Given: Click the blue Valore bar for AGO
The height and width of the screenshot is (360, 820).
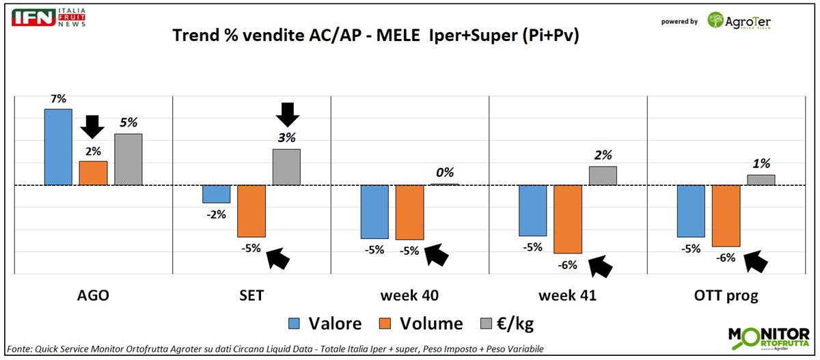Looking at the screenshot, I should [x=58, y=147].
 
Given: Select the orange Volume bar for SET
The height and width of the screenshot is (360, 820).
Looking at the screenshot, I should [x=251, y=210].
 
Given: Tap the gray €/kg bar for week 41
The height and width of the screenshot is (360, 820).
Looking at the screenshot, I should [x=603, y=176].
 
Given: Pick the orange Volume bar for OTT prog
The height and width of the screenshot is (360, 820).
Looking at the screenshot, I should [x=726, y=215].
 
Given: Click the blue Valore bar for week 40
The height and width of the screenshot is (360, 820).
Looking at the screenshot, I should [x=374, y=212].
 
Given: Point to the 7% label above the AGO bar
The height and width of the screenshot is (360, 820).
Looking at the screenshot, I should [x=58, y=99].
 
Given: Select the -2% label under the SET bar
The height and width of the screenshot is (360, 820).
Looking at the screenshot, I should [x=216, y=214].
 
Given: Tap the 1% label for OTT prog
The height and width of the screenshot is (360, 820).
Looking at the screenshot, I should [x=761, y=163].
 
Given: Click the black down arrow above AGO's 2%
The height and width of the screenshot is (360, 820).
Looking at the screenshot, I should [x=92, y=126].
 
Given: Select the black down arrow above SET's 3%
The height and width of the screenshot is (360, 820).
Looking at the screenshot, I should [x=288, y=114].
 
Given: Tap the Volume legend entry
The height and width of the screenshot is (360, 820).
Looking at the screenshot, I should [x=420, y=323].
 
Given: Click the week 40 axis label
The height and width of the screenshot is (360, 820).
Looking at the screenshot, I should [x=410, y=296].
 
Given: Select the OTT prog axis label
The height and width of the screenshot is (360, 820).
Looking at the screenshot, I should [x=726, y=296].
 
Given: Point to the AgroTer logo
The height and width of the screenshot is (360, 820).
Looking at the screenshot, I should [x=738, y=20].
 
